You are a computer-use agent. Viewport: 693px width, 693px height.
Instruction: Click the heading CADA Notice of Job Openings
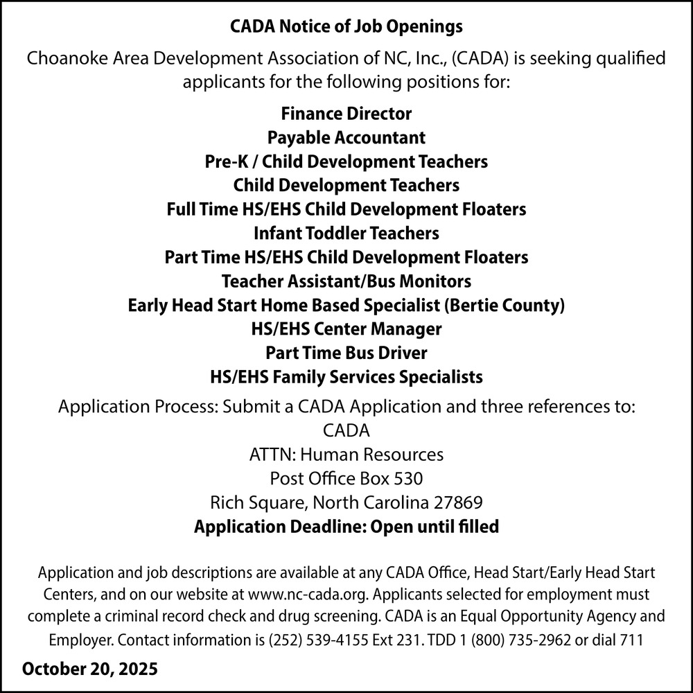click(346, 28)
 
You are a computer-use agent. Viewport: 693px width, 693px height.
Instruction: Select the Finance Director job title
click(346, 113)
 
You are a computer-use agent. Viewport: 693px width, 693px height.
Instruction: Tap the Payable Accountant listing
click(346, 137)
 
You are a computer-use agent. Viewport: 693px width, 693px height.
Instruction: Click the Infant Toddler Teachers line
click(346, 233)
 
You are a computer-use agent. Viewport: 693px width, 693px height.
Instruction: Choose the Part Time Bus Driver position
click(346, 353)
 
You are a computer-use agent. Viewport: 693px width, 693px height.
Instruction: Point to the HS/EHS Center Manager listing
click(346, 328)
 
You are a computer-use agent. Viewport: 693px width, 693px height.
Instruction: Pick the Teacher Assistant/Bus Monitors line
click(346, 281)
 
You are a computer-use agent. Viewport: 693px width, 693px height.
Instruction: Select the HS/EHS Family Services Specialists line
click(346, 377)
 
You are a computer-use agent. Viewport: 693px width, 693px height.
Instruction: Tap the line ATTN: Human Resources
click(346, 455)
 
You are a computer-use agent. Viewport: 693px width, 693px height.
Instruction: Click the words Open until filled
click(435, 527)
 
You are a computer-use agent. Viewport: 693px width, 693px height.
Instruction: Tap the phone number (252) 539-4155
click(315, 640)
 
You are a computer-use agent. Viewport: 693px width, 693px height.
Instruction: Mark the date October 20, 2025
click(90, 670)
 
